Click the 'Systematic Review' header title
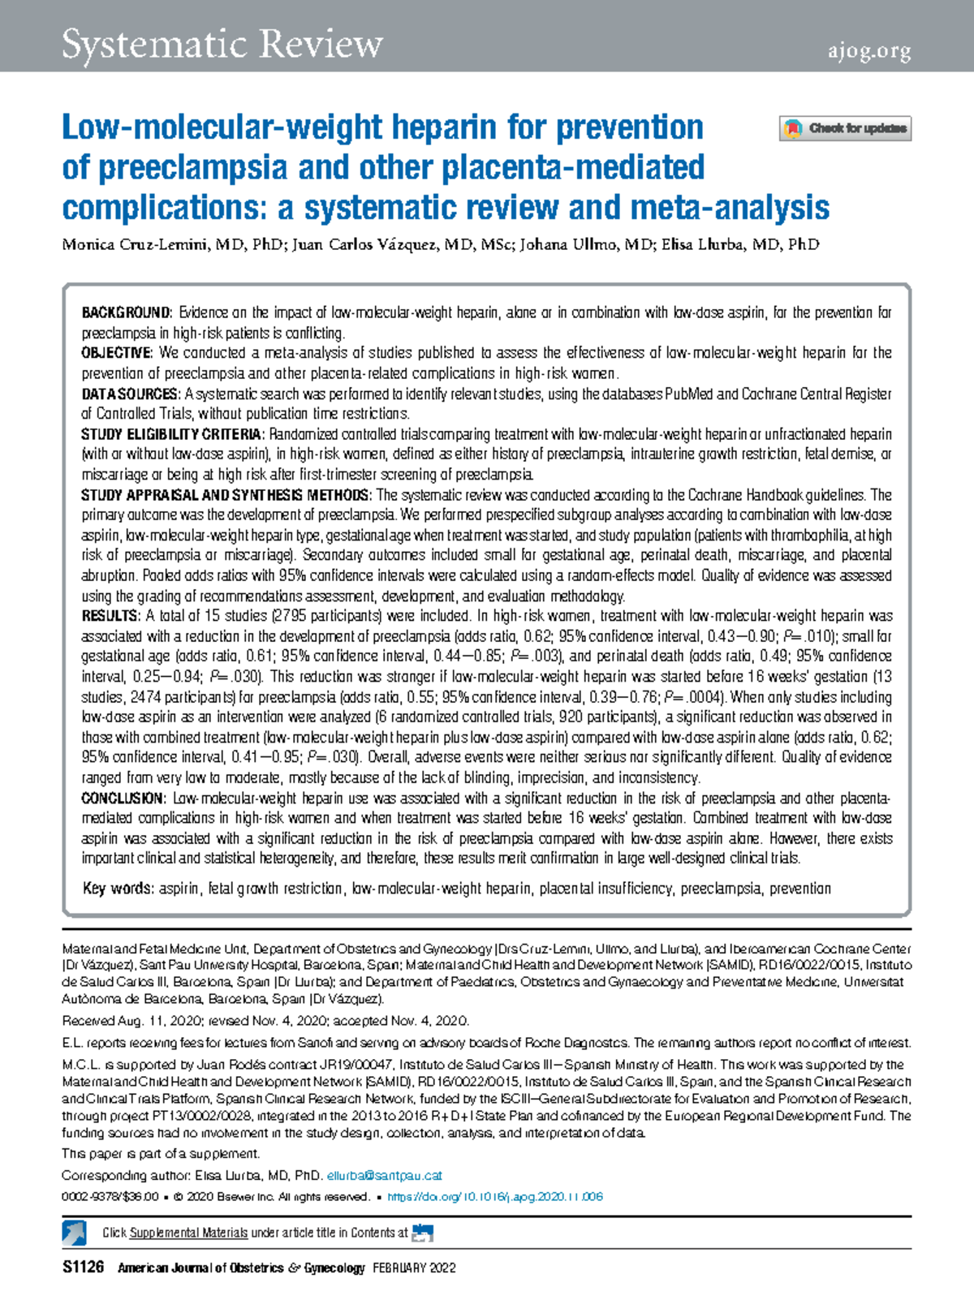[222, 45]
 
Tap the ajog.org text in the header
[869, 52]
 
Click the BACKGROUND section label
[126, 312]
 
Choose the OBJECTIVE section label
[116, 353]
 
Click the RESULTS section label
[110, 616]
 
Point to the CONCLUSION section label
[123, 798]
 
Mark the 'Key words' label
[118, 889]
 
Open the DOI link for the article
[495, 1197]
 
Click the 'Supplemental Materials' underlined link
[188, 1233]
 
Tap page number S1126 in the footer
[83, 1268]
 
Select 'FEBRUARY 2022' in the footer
[414, 1268]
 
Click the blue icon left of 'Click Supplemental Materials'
[75, 1233]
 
